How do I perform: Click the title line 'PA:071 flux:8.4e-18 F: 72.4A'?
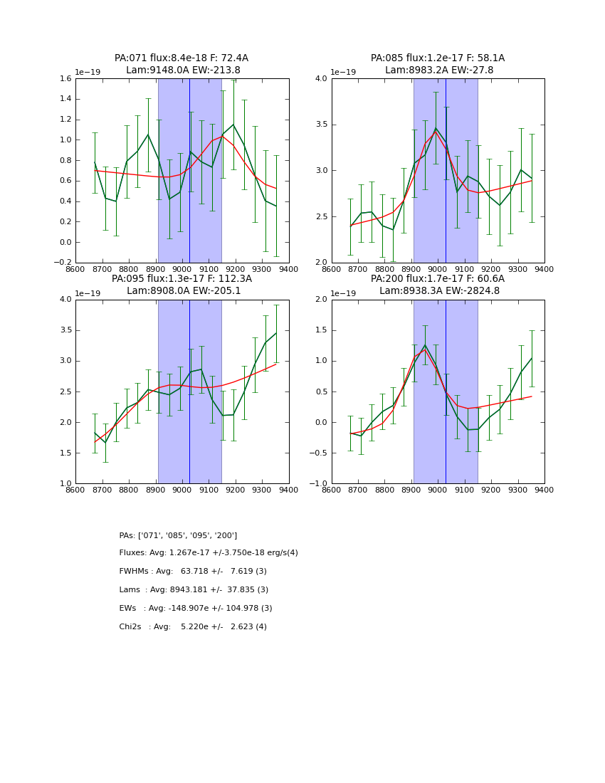click(181, 58)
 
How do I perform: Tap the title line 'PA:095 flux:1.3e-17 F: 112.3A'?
click(181, 279)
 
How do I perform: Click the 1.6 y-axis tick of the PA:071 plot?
click(65, 79)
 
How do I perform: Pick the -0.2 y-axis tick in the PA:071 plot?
click(63, 263)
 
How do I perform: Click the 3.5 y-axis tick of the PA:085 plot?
click(321, 125)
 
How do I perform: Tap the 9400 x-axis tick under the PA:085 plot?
click(544, 269)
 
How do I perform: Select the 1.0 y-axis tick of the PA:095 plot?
click(65, 484)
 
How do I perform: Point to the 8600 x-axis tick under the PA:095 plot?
click(75, 490)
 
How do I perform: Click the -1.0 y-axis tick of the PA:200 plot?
click(319, 484)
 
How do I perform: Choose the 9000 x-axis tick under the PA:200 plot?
click(438, 490)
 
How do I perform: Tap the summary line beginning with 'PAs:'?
click(178, 535)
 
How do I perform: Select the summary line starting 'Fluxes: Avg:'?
click(209, 553)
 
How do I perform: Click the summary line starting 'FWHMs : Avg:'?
click(193, 572)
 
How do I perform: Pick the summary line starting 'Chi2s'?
click(193, 627)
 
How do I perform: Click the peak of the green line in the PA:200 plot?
click(425, 345)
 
